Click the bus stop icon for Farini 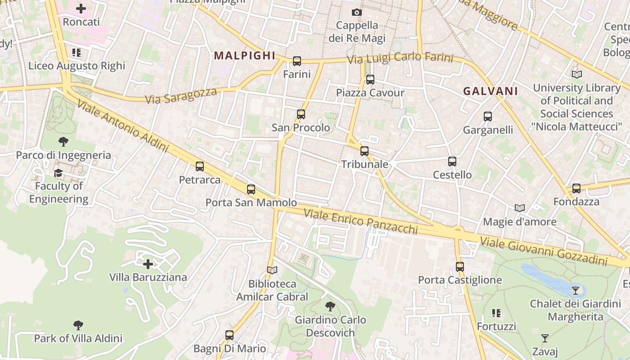(x=297, y=61)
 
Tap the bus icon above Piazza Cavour (x=370, y=80)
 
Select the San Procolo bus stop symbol (x=301, y=114)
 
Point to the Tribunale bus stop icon (x=364, y=151)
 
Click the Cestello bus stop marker (x=452, y=162)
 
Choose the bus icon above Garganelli (x=488, y=117)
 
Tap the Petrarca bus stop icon (x=200, y=166)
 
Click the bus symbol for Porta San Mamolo (x=251, y=189)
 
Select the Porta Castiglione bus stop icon (x=460, y=267)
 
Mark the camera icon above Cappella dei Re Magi (x=357, y=12)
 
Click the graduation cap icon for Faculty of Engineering (x=58, y=173)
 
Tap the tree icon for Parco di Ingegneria (x=63, y=142)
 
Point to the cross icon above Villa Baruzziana (x=148, y=264)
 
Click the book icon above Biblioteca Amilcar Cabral (x=272, y=270)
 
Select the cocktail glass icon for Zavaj (x=545, y=338)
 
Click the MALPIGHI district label (x=244, y=56)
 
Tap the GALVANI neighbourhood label (x=490, y=91)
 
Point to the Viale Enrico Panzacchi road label (x=361, y=221)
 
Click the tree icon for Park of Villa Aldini (x=78, y=325)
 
